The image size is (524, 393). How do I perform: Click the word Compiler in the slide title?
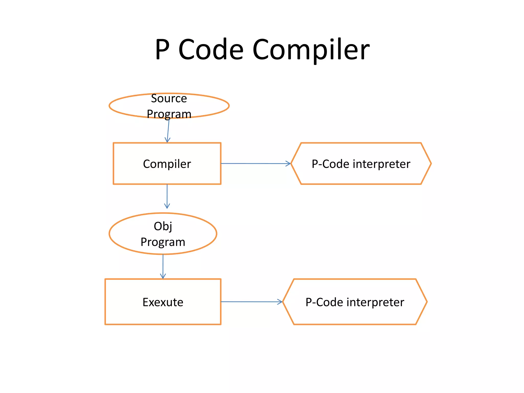311,49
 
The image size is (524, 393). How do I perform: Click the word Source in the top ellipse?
169,99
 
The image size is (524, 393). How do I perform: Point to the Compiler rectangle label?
167,164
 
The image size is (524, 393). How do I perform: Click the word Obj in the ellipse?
163,226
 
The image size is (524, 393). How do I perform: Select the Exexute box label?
163,302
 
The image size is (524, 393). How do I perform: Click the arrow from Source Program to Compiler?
168,130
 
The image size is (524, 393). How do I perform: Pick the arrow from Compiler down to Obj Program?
167,196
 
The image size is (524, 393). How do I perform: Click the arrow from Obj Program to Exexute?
163,266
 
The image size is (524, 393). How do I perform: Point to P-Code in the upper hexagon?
330,164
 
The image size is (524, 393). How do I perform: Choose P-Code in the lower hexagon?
324,302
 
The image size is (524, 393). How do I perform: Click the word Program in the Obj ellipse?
163,242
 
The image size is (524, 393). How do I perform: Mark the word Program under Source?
169,114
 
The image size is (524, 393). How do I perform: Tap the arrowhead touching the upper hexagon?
288,163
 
